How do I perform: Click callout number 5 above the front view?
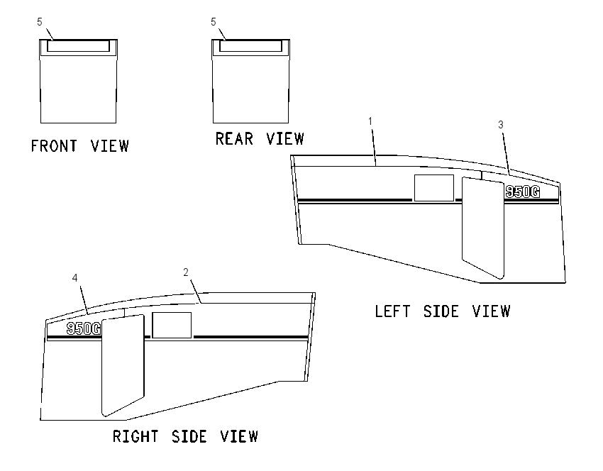pyautogui.click(x=40, y=22)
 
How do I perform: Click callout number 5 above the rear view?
pyautogui.click(x=214, y=22)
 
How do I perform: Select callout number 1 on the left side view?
pyautogui.click(x=370, y=121)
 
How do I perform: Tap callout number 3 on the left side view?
pyautogui.click(x=501, y=125)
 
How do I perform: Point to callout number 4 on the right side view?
pyautogui.click(x=75, y=277)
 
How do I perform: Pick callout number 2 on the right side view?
pyautogui.click(x=186, y=272)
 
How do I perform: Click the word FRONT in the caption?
pyautogui.click(x=54, y=146)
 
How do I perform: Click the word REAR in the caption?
pyautogui.click(x=234, y=139)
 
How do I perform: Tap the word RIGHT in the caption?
pyautogui.click(x=135, y=436)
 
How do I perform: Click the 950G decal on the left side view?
pyautogui.click(x=523, y=192)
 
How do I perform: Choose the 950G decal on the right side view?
pyautogui.click(x=84, y=328)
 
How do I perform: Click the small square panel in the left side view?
pyautogui.click(x=433, y=188)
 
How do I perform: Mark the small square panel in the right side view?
pyautogui.click(x=172, y=326)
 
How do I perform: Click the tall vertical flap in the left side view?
pyautogui.click(x=482, y=228)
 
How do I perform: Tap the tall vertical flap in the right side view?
pyautogui.click(x=123, y=365)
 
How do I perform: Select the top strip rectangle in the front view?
pyautogui.click(x=79, y=46)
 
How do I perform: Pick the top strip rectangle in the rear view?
pyautogui.click(x=250, y=46)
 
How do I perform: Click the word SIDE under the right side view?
pyautogui.click(x=189, y=436)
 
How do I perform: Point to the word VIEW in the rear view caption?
pyautogui.click(x=285, y=139)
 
